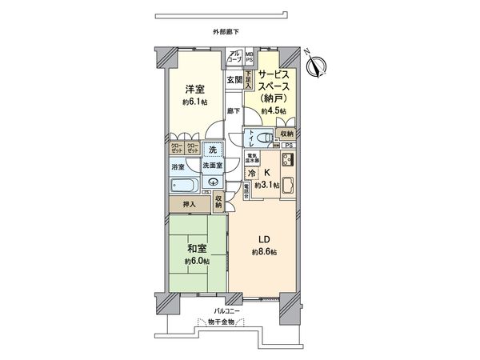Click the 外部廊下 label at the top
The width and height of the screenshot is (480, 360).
point(226,31)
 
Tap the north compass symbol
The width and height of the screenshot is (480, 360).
point(317,63)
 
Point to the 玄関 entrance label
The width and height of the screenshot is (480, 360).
point(233,80)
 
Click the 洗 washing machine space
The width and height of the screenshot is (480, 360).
point(213,150)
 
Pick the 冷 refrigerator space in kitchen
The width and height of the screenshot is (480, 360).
point(251,174)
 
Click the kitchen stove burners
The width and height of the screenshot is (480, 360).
point(288,159)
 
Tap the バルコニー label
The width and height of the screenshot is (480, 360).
point(226,309)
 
